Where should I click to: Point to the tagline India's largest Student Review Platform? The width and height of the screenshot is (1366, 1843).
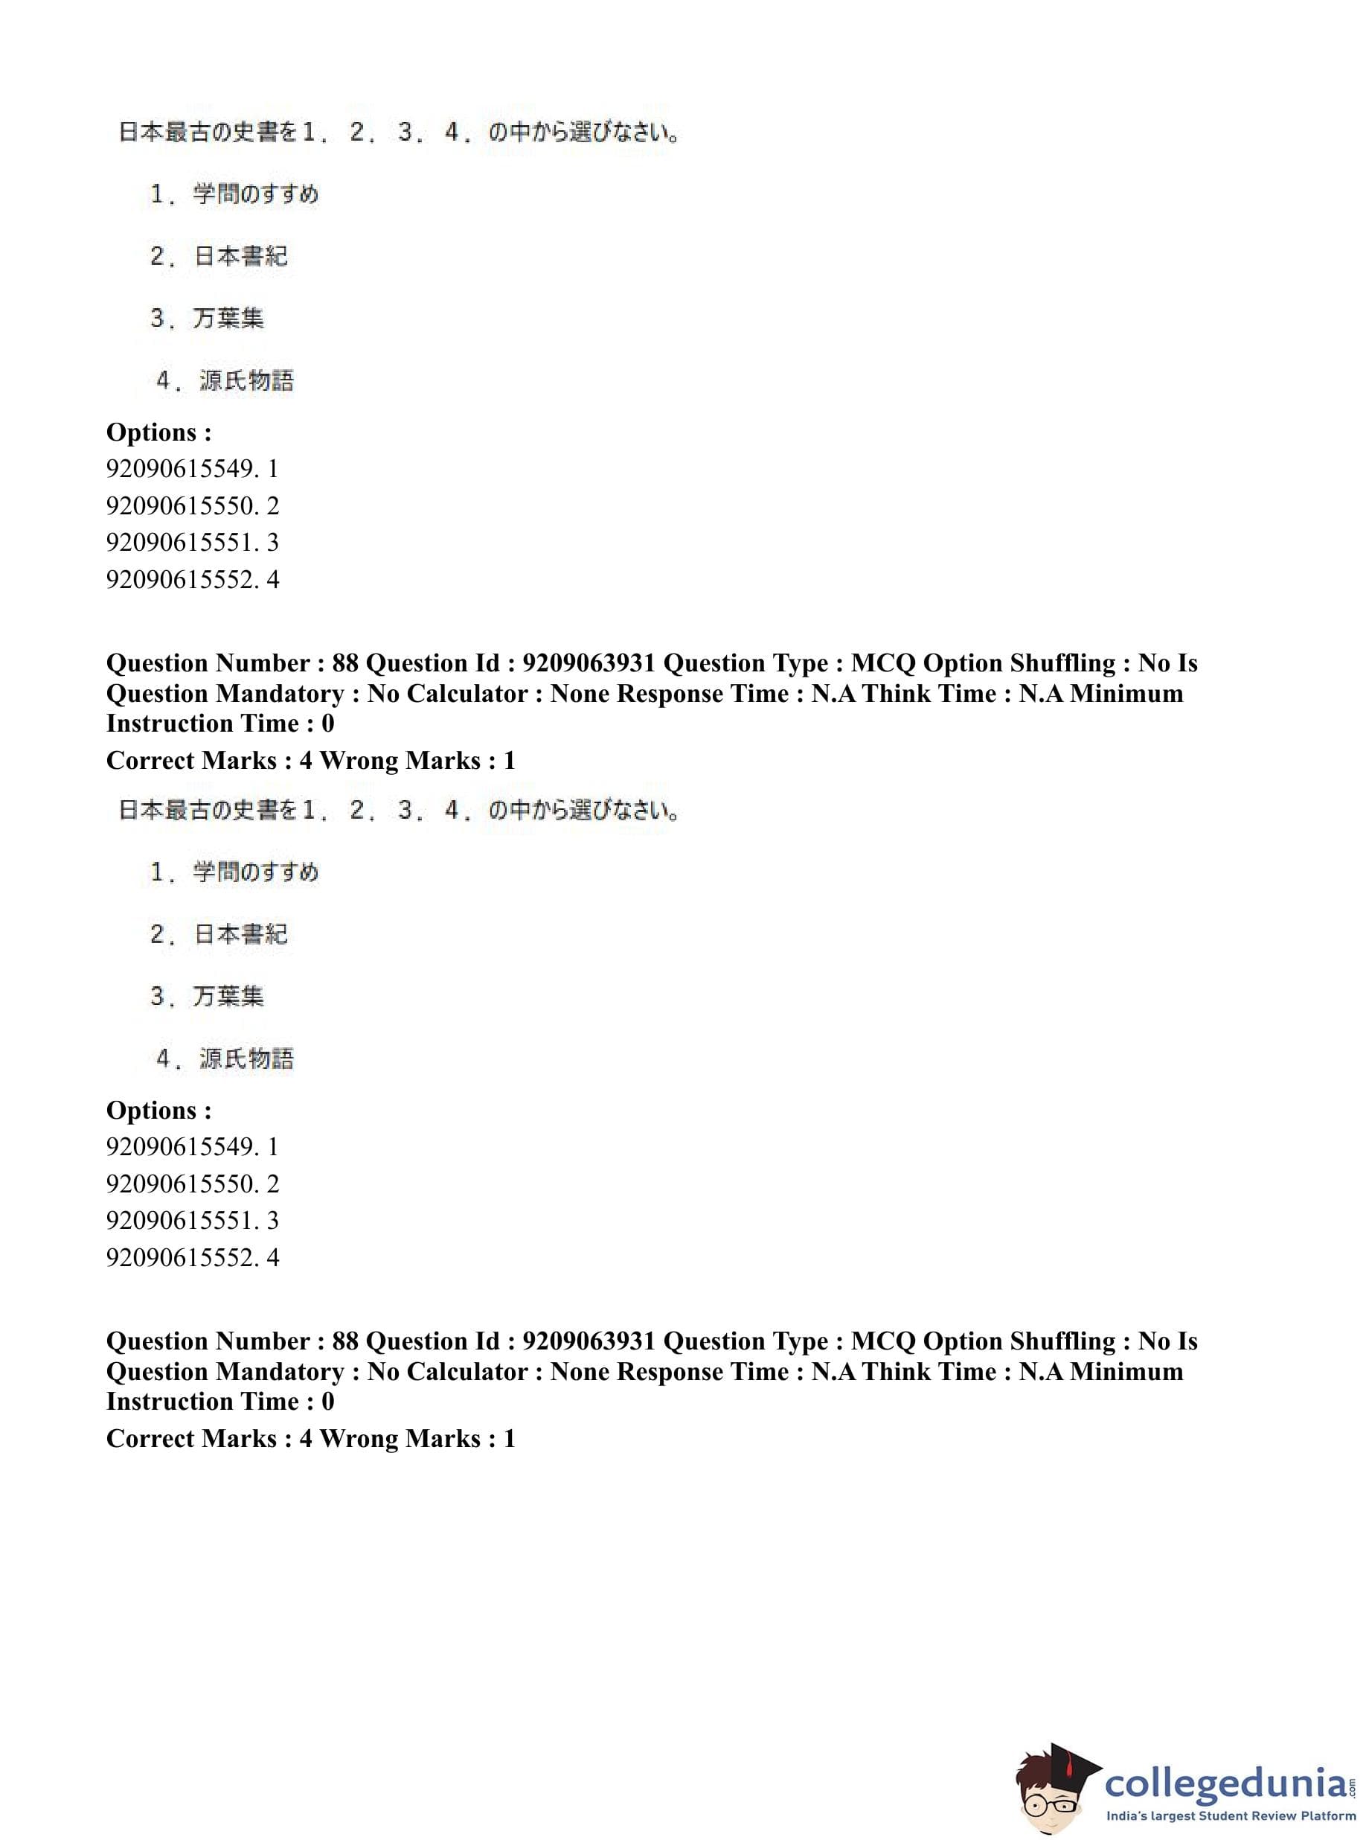coord(1231,1815)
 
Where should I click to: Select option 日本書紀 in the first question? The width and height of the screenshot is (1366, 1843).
coord(240,257)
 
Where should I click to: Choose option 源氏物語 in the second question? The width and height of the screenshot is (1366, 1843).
coord(246,1058)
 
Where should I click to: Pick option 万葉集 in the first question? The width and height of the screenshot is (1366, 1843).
coord(228,319)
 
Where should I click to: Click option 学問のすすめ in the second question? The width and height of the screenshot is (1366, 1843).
coord(254,872)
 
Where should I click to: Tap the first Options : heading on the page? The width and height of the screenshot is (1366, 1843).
coord(158,432)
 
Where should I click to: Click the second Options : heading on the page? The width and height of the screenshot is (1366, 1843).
coord(158,1110)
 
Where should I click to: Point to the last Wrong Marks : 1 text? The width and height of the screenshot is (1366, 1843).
coord(417,1439)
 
